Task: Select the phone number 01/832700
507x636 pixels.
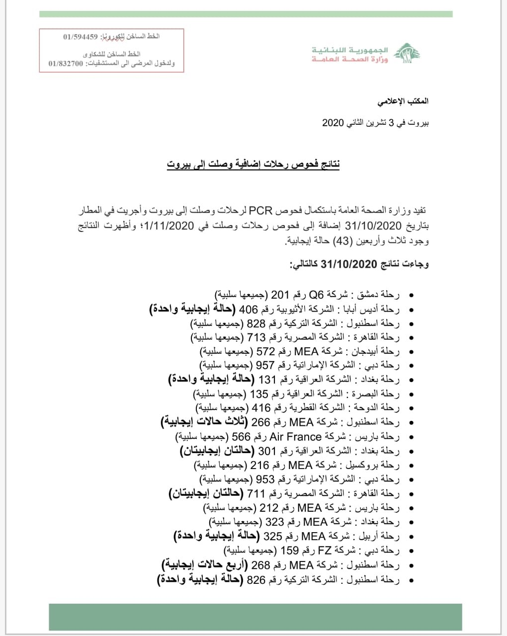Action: point(66,64)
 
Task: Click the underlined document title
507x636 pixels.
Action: point(253,164)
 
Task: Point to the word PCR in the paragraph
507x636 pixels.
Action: point(260,211)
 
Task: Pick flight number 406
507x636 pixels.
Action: point(249,310)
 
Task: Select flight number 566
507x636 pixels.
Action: point(241,437)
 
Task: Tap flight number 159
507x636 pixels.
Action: point(290,551)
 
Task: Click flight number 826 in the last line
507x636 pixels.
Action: point(256,580)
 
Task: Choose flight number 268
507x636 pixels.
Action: point(260,565)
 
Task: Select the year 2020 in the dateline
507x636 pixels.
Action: point(333,123)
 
